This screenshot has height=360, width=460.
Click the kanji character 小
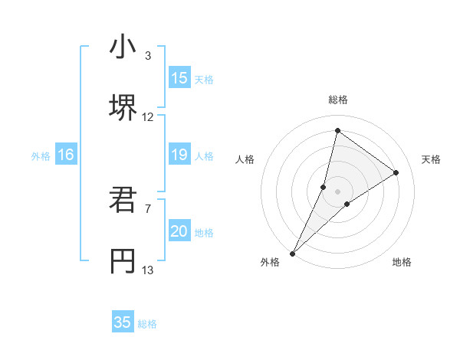(x=123, y=47)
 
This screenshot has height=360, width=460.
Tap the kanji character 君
(x=123, y=201)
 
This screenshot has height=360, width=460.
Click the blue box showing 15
(x=179, y=78)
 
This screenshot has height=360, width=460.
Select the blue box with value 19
(x=179, y=155)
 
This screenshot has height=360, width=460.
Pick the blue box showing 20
(x=179, y=232)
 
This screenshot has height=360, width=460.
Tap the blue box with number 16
(x=66, y=155)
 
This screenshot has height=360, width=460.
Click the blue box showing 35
(x=123, y=322)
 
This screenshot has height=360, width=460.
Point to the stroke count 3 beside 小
(x=148, y=55)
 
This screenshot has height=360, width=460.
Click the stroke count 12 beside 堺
(x=148, y=117)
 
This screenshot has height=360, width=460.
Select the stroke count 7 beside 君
(x=148, y=208)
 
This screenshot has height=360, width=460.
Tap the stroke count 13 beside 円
(x=148, y=270)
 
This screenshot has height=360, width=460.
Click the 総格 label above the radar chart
(x=337, y=100)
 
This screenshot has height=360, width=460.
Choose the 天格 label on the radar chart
(x=431, y=159)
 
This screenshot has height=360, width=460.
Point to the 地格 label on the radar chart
(x=402, y=262)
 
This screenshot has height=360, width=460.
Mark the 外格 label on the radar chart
(x=270, y=262)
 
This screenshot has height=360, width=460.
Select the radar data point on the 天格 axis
(x=396, y=172)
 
